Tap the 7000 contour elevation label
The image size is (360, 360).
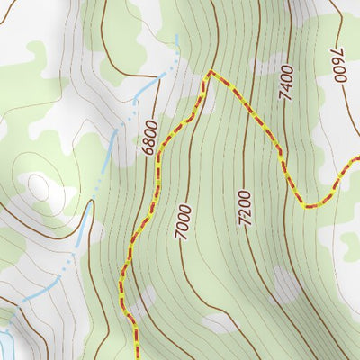[x=184, y=220]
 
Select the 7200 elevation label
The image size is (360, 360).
[x=245, y=207]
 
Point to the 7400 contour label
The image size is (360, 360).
[x=286, y=81]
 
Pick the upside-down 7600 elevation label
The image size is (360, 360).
[x=339, y=64]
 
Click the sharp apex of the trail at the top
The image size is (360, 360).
[x=210, y=71]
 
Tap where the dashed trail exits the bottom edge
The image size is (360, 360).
[x=138, y=358]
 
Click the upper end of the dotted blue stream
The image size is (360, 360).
[x=177, y=37]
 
